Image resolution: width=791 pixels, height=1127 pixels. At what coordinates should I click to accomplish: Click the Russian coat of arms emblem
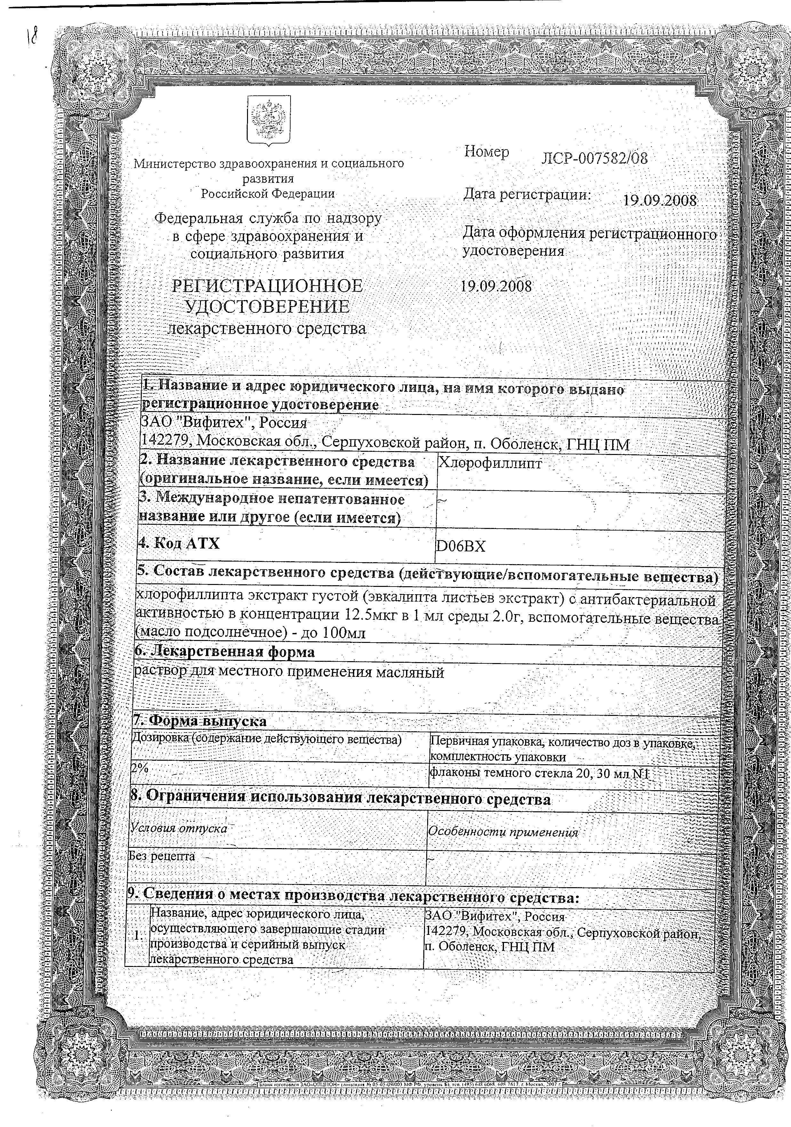(268, 121)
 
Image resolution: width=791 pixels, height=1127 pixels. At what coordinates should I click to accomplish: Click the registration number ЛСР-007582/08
(594, 158)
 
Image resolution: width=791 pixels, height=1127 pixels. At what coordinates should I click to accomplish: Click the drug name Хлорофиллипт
(490, 463)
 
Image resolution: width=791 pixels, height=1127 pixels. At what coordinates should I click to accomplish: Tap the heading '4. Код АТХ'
(179, 543)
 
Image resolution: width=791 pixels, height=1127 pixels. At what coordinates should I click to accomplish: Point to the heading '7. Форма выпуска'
(200, 721)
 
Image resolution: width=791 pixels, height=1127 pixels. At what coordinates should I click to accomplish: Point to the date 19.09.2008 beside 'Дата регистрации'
(659, 200)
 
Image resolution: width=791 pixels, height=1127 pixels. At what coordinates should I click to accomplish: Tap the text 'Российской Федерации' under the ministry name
(268, 193)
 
